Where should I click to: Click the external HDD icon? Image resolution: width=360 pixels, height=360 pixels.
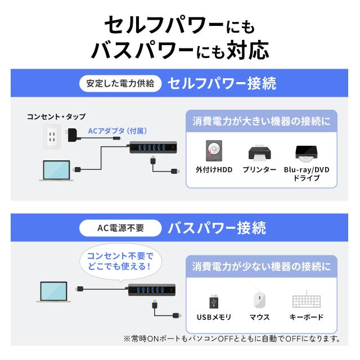click(214, 151)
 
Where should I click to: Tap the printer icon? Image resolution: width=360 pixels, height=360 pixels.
click(259, 153)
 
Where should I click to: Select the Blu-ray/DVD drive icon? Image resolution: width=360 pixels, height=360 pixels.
click(306, 152)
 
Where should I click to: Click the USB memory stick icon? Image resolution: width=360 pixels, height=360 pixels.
click(214, 301)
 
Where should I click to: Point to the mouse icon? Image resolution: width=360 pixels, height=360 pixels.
click(259, 299)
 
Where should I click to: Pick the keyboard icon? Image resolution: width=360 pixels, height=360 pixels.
click(307, 300)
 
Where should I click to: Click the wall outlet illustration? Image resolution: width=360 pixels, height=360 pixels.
click(52, 137)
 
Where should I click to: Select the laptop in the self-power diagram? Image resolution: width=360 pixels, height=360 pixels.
click(56, 170)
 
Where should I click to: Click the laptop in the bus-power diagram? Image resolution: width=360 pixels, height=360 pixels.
click(53, 291)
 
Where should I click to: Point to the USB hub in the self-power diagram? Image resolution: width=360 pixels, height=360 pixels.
click(153, 147)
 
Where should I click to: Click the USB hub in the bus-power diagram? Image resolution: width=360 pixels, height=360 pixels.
click(151, 290)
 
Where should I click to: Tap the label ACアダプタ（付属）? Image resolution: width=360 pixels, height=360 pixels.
click(118, 131)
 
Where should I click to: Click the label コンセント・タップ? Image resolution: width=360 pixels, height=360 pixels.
click(56, 116)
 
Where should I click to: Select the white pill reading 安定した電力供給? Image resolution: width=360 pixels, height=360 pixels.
click(120, 83)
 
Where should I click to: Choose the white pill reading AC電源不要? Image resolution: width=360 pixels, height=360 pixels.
click(120, 228)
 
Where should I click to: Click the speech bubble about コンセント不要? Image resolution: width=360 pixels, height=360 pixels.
click(120, 262)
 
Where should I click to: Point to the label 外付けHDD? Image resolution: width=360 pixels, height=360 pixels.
click(214, 170)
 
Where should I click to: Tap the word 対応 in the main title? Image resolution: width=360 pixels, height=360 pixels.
click(247, 50)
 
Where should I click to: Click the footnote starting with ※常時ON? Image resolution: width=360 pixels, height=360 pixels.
click(232, 339)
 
